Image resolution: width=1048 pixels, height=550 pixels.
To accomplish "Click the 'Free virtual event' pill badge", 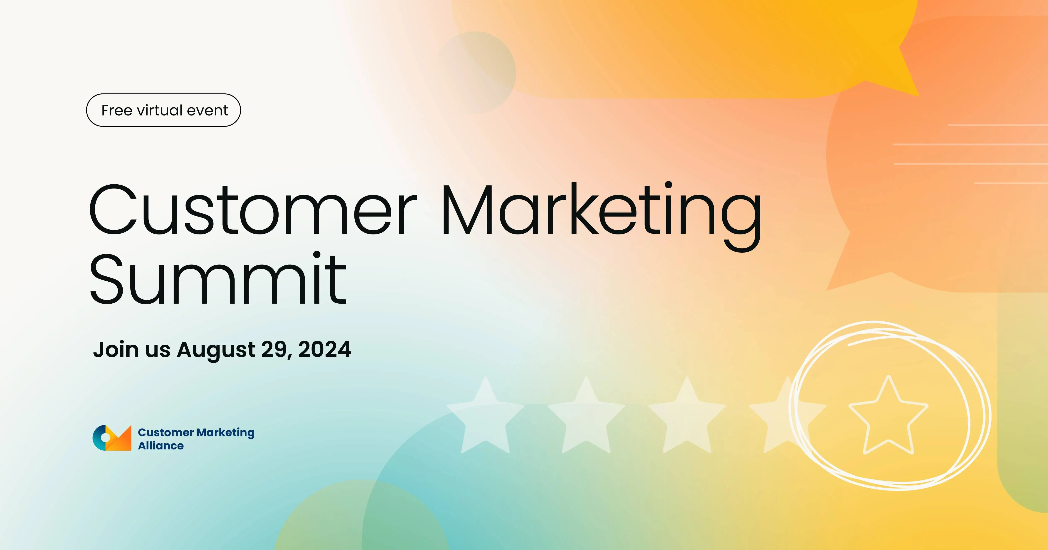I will coord(163,110).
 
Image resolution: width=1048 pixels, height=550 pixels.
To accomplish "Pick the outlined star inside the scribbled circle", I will coord(888,417).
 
